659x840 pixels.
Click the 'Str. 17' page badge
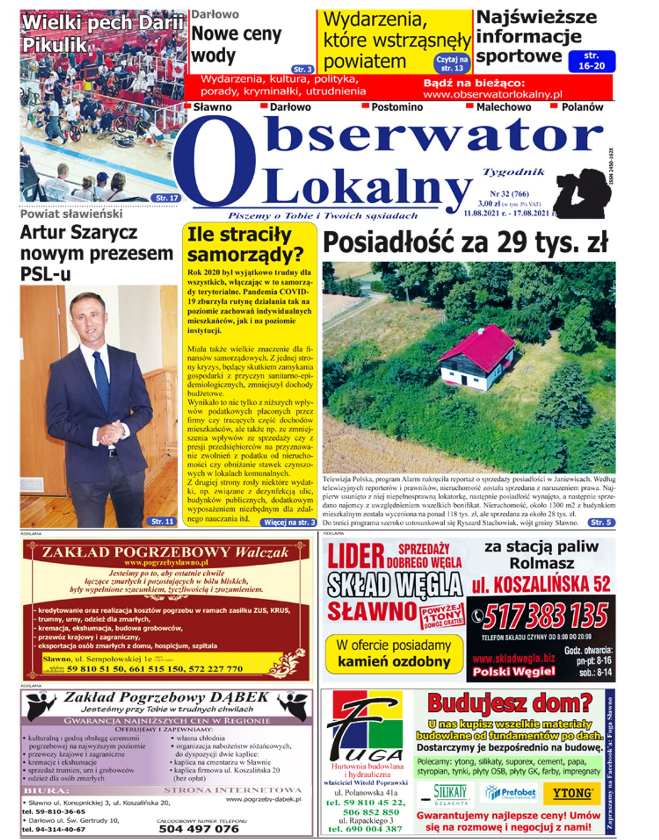point(167,198)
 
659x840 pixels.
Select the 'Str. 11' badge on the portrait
point(162,522)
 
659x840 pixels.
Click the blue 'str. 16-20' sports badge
point(591,61)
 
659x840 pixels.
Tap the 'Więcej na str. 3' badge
point(289,522)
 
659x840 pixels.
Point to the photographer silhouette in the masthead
point(582,193)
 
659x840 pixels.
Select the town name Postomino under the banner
point(397,107)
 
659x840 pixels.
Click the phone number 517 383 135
point(545,616)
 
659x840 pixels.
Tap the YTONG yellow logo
point(572,793)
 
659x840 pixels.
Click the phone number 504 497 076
point(199,829)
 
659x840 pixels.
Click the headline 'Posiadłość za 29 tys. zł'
point(465,243)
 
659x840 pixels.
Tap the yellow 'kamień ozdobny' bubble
point(394,654)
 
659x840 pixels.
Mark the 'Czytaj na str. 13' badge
point(452,64)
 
